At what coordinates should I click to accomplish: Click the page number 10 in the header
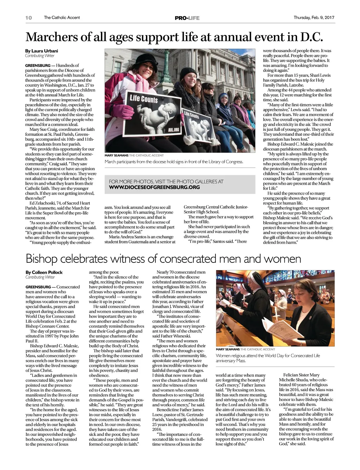tap(28, 18)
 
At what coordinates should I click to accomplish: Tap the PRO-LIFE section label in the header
tap(187, 18)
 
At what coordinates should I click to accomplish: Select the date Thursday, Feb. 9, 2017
tap(314, 18)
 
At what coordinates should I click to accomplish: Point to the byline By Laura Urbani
tap(41, 51)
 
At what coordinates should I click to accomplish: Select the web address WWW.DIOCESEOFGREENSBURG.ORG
tap(154, 187)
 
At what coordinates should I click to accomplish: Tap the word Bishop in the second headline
tap(41, 259)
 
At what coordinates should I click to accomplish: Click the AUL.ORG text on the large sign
tap(174, 130)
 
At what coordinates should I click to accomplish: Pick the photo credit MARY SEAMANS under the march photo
tap(116, 155)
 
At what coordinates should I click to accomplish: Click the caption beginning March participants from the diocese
tap(174, 162)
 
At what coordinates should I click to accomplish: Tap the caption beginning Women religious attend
tap(268, 358)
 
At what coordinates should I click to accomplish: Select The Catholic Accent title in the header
tap(62, 18)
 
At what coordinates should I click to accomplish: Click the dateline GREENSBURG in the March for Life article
tap(38, 65)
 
